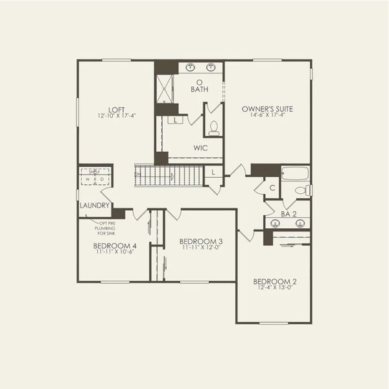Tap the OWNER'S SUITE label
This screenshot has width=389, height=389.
(x=267, y=109)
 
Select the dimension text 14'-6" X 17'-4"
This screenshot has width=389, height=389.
(x=267, y=116)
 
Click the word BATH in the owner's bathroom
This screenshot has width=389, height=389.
(x=199, y=90)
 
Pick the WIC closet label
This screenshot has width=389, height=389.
(x=200, y=148)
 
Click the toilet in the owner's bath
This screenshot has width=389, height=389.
(x=214, y=128)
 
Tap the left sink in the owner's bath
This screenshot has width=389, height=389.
(x=191, y=67)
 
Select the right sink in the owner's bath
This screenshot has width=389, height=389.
(x=212, y=67)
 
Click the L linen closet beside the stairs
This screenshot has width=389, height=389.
(x=213, y=172)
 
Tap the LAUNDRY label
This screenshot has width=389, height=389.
(x=92, y=206)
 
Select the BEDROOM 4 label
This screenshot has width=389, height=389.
(x=115, y=246)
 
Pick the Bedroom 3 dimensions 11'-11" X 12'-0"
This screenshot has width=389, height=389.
(x=200, y=248)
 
